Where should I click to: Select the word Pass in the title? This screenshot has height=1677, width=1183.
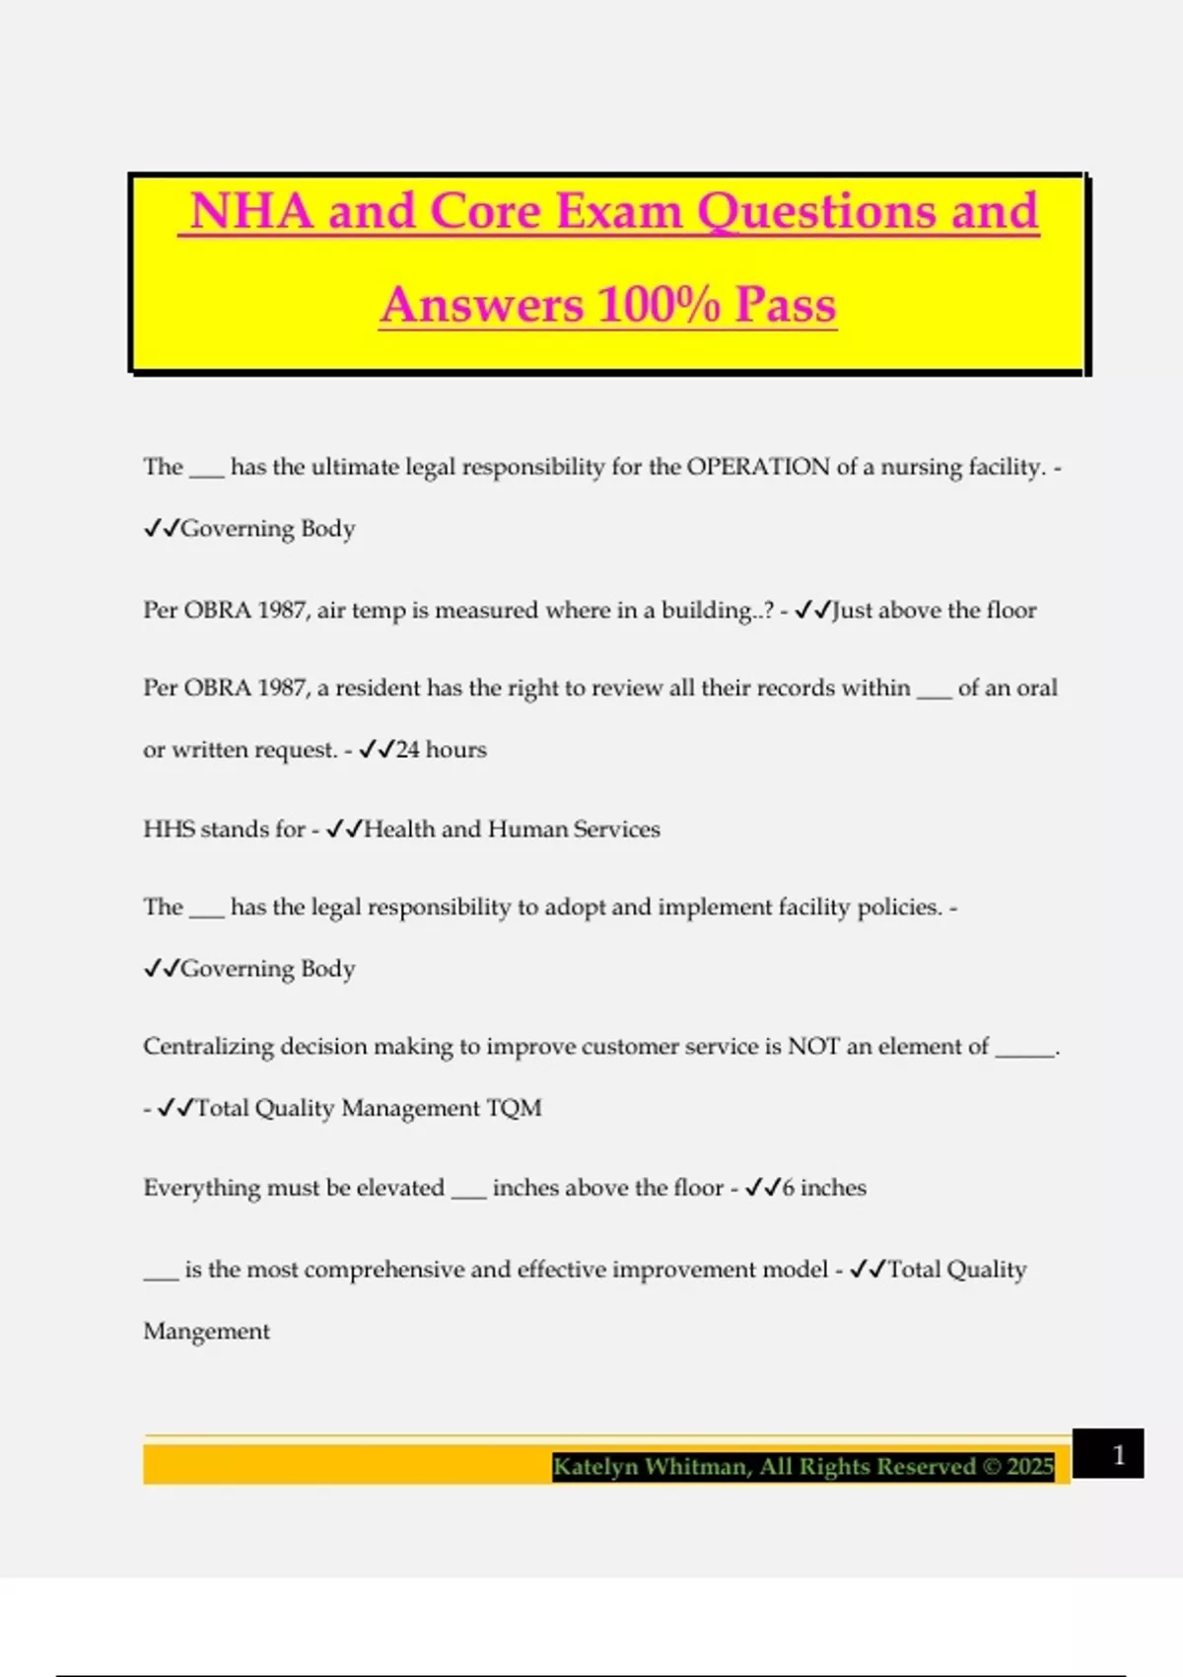pyautogui.click(x=786, y=304)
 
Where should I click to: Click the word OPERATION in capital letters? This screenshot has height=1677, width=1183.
pyautogui.click(x=758, y=467)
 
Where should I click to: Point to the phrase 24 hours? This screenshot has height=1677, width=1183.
pyautogui.click(x=441, y=750)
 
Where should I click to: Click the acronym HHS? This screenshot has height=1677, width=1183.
pyautogui.click(x=169, y=829)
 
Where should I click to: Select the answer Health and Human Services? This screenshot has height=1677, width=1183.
pyautogui.click(x=512, y=829)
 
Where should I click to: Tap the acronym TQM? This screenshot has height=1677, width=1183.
pyautogui.click(x=515, y=1108)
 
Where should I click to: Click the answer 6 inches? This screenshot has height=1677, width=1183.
pyautogui.click(x=824, y=1188)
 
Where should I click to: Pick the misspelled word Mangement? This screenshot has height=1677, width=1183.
pyautogui.click(x=206, y=1332)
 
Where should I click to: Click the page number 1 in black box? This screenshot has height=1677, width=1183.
pyautogui.click(x=1118, y=1454)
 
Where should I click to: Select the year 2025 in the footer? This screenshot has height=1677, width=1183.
pyautogui.click(x=1030, y=1467)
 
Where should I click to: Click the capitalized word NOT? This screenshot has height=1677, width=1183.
pyautogui.click(x=813, y=1047)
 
